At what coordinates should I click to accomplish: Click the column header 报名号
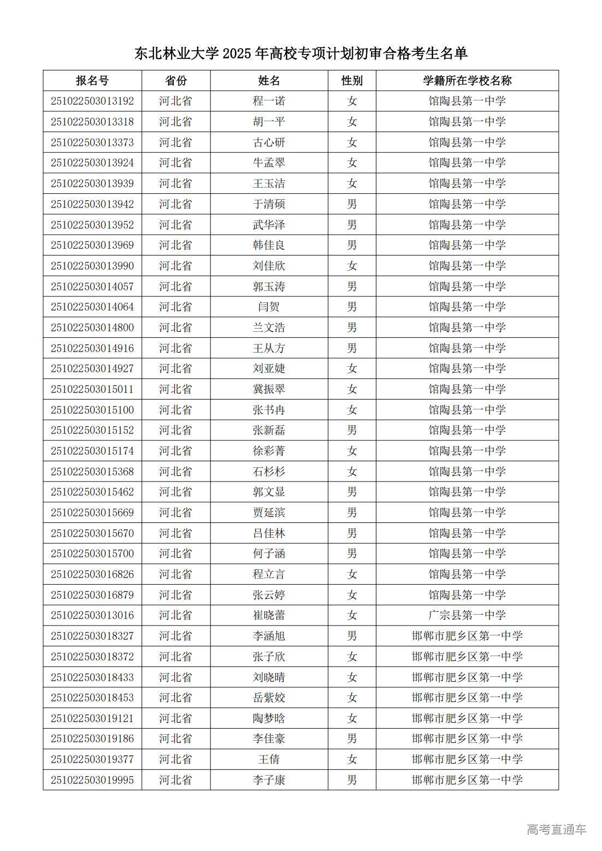92,81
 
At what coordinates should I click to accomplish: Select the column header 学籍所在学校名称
467,81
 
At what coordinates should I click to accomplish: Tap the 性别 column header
352,81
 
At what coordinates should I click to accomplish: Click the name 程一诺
269,101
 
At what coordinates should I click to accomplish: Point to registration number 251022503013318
92,122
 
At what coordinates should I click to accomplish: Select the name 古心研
269,142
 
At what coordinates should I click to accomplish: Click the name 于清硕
269,204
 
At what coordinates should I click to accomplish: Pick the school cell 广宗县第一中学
467,615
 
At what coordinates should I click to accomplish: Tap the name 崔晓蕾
269,615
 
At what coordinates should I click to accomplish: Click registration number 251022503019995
92,780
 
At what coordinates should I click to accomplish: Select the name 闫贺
269,307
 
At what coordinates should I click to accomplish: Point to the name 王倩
269,759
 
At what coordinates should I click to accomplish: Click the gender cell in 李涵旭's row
352,636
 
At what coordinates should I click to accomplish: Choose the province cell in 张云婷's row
176,595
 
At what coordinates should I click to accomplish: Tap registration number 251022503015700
92,554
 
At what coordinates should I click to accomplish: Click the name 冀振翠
269,389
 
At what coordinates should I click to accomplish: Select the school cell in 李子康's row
467,780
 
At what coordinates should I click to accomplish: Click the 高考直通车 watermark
556,830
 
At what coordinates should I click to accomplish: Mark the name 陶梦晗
269,718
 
